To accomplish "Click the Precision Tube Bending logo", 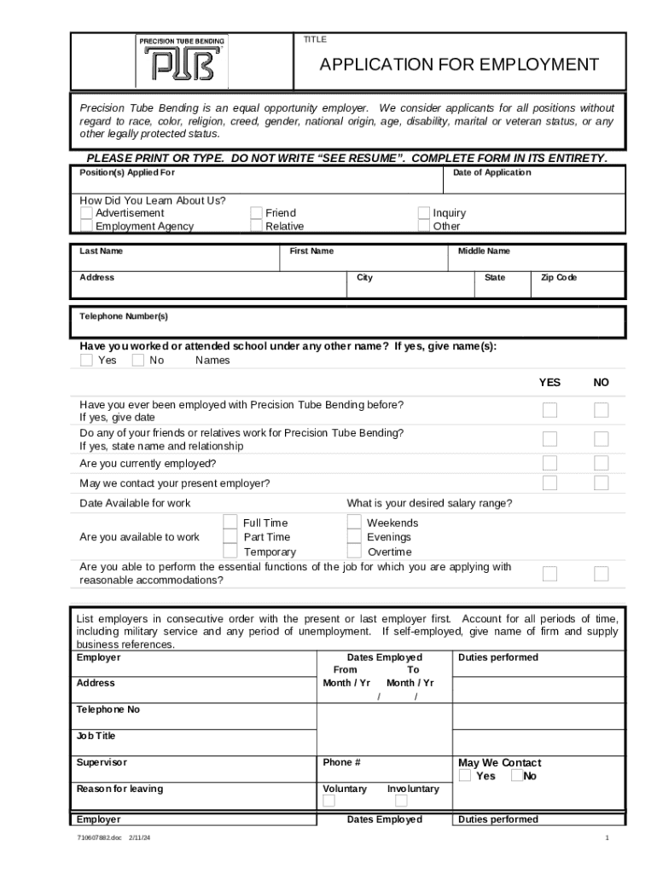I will click(x=183, y=61).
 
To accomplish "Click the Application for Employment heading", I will click(x=459, y=65).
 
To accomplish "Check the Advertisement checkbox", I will click(x=86, y=212).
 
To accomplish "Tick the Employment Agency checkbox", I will click(x=86, y=226).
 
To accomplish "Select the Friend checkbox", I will click(x=256, y=212).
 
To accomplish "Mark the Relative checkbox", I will click(x=256, y=226).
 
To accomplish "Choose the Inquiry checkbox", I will click(x=423, y=212).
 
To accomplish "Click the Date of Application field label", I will click(x=491, y=172).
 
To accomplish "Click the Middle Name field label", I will click(x=484, y=251).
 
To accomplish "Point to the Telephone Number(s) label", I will click(x=124, y=316).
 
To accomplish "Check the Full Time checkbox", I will click(x=230, y=522).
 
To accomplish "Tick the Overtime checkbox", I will click(x=354, y=552).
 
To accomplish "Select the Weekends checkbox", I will click(x=354, y=522).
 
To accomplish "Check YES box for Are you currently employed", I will click(x=550, y=463).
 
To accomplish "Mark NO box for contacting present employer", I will click(x=602, y=483).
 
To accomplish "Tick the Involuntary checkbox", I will click(x=401, y=801).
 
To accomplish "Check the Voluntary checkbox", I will click(x=328, y=801).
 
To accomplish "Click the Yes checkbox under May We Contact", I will click(x=465, y=776).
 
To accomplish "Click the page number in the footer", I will click(x=607, y=838).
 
